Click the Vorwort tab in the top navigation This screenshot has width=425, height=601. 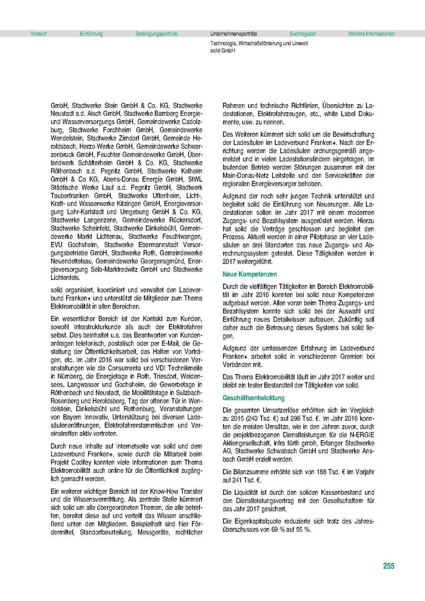coord(39,34)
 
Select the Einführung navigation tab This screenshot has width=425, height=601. coord(91,34)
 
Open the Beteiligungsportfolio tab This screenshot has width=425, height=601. coord(156,34)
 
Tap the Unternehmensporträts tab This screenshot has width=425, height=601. coord(234,34)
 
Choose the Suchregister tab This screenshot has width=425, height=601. coord(303,34)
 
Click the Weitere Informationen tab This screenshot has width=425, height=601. coord(371,34)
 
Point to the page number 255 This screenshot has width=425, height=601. coord(388,566)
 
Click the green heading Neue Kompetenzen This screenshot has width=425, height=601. coord(250,275)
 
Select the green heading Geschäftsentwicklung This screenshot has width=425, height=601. coord(254,398)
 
